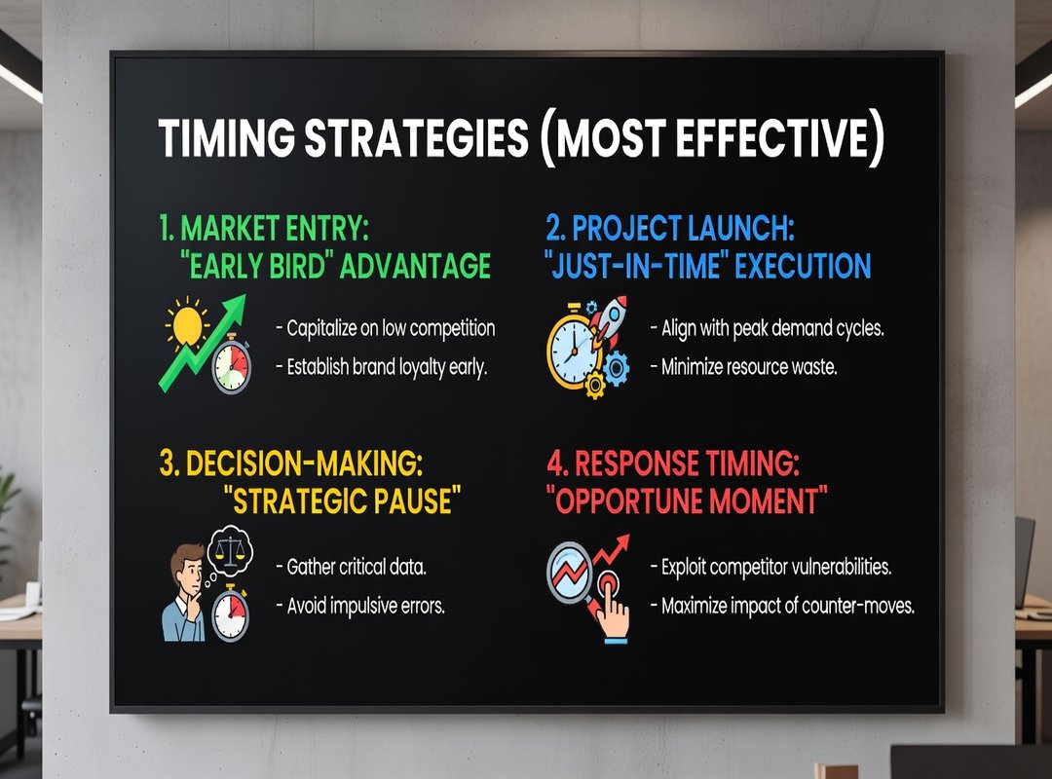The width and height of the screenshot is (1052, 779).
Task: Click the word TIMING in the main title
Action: [x=227, y=138]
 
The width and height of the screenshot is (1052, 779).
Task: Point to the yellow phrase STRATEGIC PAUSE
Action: [x=342, y=501]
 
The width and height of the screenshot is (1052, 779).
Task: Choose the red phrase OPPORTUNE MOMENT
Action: [x=687, y=501]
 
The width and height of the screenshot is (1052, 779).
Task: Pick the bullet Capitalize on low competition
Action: [x=386, y=328]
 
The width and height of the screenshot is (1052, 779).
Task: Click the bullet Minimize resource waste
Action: [x=744, y=367]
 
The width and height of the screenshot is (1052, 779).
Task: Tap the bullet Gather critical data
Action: [x=351, y=567]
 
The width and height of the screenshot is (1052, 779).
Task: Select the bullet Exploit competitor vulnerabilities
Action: [x=770, y=567]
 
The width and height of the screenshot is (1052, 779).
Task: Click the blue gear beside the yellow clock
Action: [x=616, y=368]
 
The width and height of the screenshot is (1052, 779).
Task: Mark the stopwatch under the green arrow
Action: [x=232, y=363]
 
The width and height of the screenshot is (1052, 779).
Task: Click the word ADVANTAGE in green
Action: [x=415, y=266]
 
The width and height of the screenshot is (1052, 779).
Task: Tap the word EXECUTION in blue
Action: [x=803, y=266]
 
